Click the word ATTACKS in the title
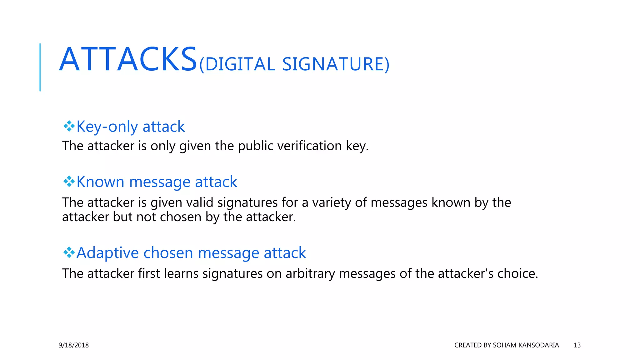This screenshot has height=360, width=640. (128, 59)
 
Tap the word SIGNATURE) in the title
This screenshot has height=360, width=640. (336, 64)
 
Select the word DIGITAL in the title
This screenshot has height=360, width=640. (240, 64)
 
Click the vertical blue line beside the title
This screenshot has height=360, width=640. (40, 67)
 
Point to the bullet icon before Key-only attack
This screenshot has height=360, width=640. (69, 126)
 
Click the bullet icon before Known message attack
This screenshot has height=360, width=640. (69, 181)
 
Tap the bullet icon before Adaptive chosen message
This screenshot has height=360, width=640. (69, 252)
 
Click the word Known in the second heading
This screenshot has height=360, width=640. (100, 182)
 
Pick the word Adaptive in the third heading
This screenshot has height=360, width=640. (107, 252)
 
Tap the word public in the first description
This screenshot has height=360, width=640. (256, 146)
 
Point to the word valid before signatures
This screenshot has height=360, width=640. (200, 202)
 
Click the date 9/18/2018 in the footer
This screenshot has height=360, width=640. (74, 345)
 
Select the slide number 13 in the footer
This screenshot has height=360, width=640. (577, 345)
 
